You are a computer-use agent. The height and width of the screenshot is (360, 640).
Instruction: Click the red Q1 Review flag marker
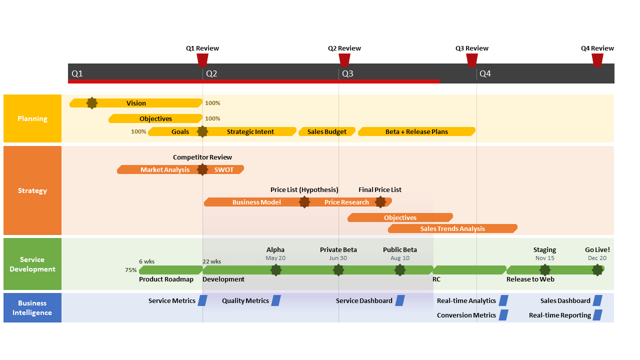coord(202,60)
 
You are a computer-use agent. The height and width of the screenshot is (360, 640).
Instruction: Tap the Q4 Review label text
coord(597,48)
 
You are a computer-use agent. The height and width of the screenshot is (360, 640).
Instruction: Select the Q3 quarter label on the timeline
coord(347,74)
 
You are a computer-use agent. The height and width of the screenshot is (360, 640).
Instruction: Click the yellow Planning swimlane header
coord(32,118)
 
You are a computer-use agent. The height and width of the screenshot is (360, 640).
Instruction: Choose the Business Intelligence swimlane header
coord(32,307)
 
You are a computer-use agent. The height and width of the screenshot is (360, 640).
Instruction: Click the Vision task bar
coord(136,103)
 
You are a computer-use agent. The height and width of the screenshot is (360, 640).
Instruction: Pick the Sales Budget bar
coord(327,131)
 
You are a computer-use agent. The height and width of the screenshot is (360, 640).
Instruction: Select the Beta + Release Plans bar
coord(416,131)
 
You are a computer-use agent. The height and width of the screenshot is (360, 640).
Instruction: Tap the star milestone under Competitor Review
coord(202,169)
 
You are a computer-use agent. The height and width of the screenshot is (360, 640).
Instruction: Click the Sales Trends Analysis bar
coord(452,228)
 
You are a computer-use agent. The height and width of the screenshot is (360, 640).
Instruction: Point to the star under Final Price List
coord(380,202)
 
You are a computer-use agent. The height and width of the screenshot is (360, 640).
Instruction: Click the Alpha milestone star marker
coord(275,270)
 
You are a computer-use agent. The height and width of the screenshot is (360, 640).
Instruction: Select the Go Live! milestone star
coord(597,270)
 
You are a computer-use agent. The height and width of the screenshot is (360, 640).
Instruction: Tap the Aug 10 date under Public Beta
coord(400,258)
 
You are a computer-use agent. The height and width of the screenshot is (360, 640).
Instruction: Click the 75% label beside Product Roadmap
coord(131,270)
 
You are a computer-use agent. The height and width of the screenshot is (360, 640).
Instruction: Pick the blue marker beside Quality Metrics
coord(276,300)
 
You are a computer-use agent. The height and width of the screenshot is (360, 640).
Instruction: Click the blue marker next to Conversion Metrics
coord(503,315)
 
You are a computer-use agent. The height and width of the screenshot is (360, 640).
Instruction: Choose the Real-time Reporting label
coord(560,315)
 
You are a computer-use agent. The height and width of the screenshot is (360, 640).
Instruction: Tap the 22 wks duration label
coord(211,261)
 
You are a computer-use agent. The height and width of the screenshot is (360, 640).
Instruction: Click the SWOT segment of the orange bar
coord(224,169)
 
